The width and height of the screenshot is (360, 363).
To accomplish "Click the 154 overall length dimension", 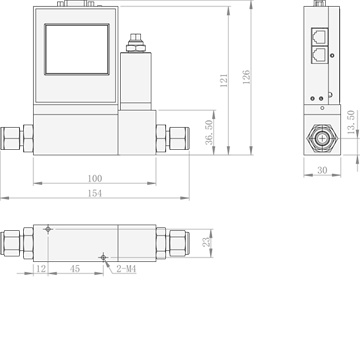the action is [95, 193].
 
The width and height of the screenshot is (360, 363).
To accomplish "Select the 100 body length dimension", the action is [95, 179].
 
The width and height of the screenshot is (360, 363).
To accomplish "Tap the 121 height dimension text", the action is [224, 80].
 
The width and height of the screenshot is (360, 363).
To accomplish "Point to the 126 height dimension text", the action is [246, 77].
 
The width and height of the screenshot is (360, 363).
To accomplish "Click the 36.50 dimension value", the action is [209, 132].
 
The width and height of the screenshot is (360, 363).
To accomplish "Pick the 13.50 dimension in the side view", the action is [351, 122].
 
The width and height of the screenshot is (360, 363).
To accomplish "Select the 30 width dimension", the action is [322, 170].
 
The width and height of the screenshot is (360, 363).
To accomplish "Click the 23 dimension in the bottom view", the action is [208, 241].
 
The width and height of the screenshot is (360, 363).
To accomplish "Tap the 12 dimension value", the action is [41, 269].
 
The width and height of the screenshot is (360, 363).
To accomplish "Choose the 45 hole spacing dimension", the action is [75, 269].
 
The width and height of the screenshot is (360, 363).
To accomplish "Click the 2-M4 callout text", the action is [126, 269].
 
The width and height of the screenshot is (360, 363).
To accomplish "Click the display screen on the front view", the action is [77, 49].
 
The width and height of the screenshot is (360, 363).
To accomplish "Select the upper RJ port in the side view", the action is [320, 36].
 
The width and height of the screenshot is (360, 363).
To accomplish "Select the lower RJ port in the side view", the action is [320, 55].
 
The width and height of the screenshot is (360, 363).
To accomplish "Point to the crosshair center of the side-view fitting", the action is [322, 138].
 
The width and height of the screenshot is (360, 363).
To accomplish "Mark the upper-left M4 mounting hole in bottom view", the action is [48, 229].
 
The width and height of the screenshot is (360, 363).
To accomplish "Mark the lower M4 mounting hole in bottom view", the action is [104, 257].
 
